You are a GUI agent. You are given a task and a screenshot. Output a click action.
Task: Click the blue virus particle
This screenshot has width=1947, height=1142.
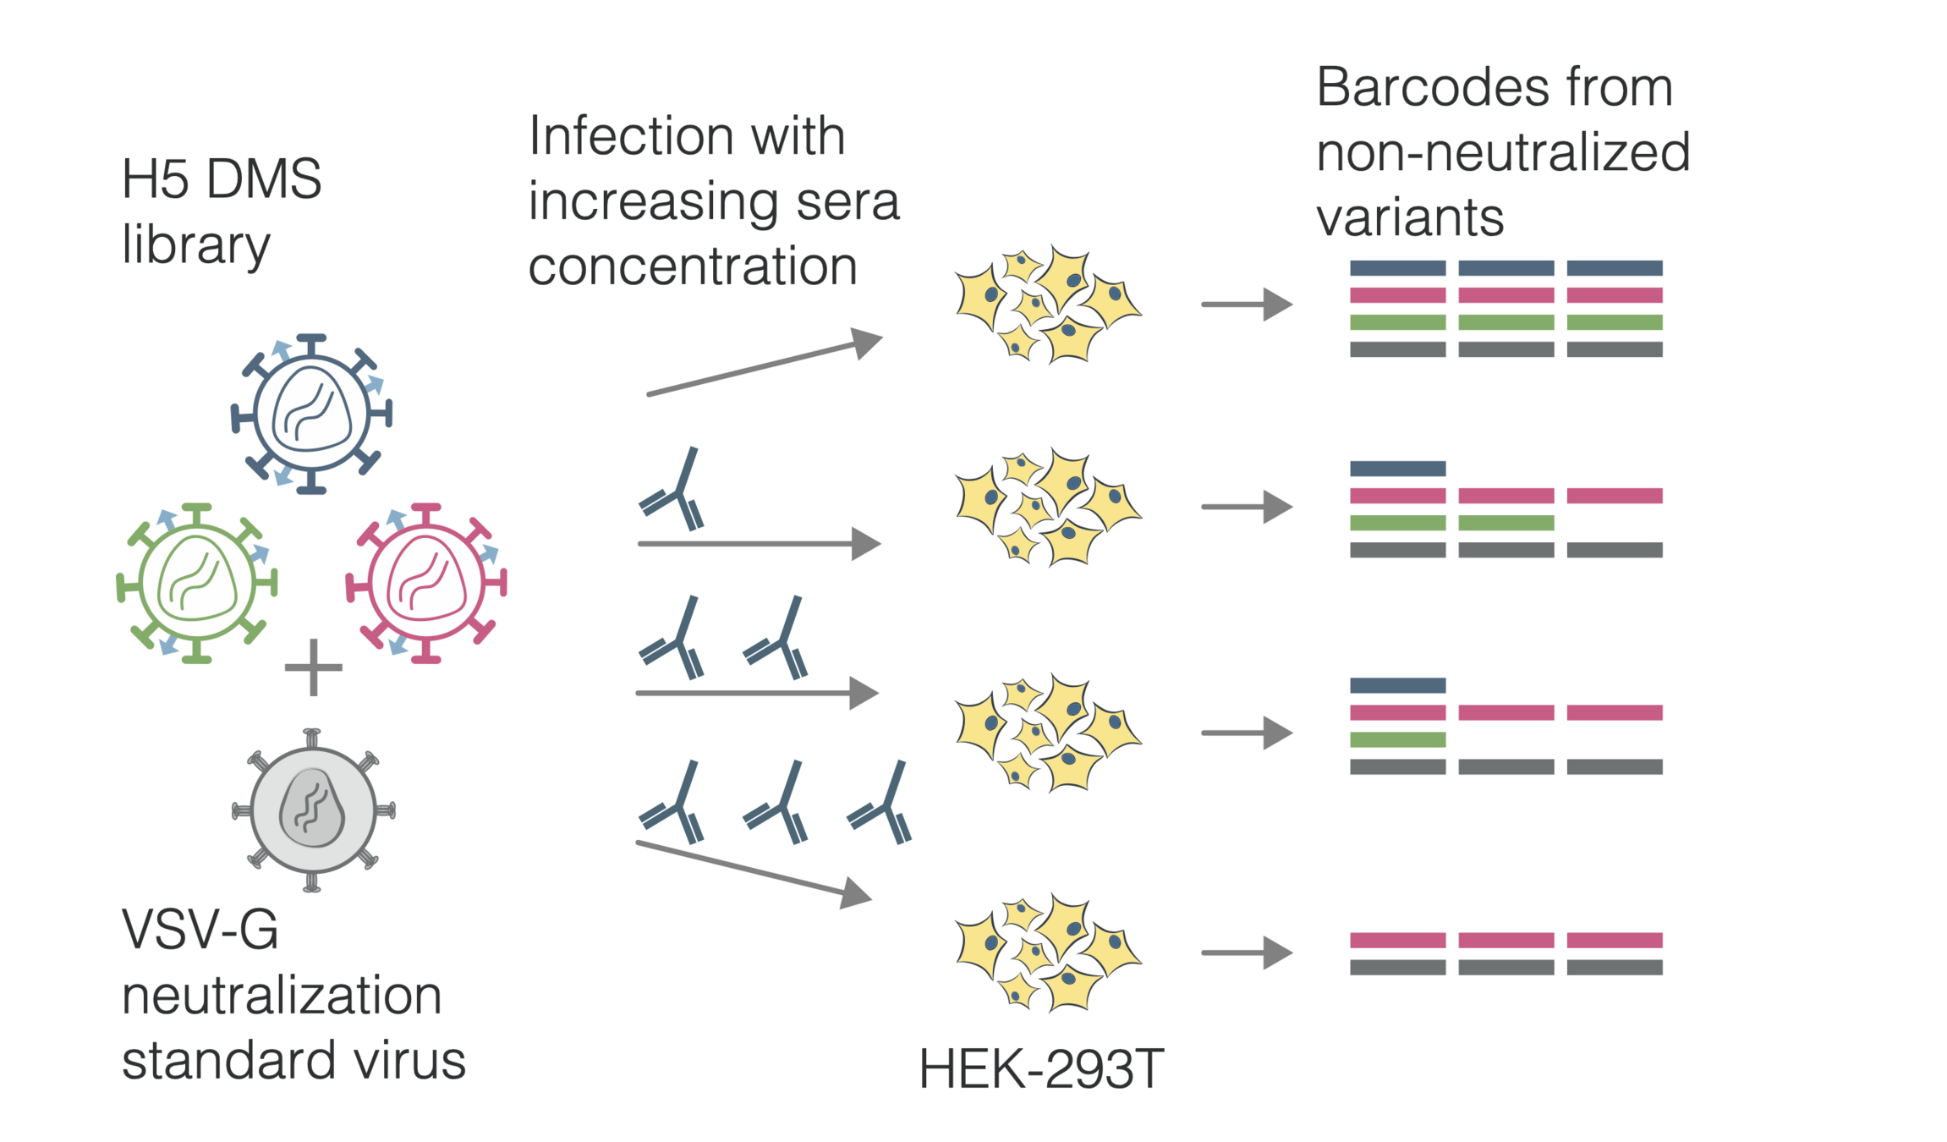[x=311, y=414]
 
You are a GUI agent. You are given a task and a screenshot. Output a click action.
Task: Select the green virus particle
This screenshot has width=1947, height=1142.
[x=196, y=583]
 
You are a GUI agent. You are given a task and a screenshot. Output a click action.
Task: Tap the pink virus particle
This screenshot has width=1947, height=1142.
[x=426, y=583]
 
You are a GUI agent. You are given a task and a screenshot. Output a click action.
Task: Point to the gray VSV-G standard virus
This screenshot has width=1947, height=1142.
[x=313, y=810]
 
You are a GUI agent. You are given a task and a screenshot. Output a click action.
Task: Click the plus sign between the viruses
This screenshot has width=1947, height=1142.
[x=314, y=667]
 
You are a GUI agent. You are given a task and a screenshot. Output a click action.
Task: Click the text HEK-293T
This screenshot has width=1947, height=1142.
[x=1041, y=1069]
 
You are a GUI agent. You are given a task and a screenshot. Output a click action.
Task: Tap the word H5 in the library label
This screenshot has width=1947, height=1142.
[x=155, y=179]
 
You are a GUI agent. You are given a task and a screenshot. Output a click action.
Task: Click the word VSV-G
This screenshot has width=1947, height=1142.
[x=200, y=930]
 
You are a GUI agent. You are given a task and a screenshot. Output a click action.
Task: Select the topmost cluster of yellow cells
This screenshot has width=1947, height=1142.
[x=1048, y=305]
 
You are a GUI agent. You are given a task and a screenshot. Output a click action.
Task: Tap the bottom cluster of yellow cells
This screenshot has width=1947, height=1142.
[x=1048, y=953]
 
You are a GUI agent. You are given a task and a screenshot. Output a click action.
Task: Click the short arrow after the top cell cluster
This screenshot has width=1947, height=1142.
[x=1246, y=305]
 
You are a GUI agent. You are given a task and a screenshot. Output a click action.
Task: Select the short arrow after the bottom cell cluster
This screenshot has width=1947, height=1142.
[x=1246, y=953]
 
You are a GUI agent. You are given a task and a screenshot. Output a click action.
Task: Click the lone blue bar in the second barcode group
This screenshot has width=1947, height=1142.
[x=1397, y=469]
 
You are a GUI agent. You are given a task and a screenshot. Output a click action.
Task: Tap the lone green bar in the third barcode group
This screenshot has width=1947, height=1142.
[x=1397, y=740]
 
